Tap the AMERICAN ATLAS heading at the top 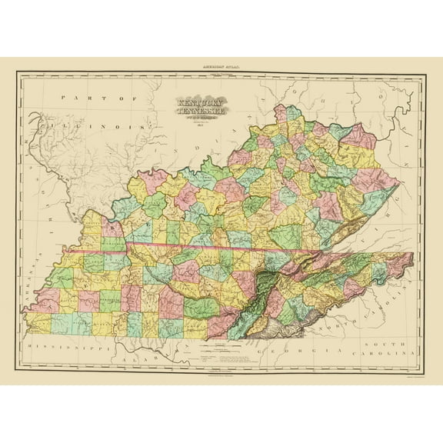coord(221,68)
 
